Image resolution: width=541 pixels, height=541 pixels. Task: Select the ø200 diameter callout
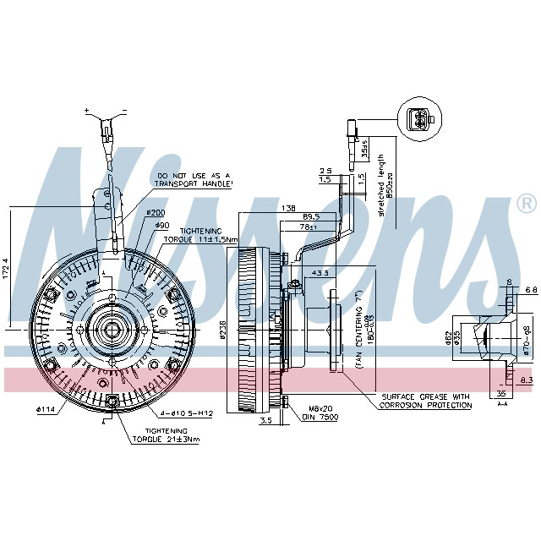point(155,213)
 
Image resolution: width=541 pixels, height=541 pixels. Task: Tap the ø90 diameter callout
point(162,225)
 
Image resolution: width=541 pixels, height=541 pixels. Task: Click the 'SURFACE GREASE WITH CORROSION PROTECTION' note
point(426,401)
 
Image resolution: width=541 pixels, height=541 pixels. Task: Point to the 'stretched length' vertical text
point(381,186)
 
